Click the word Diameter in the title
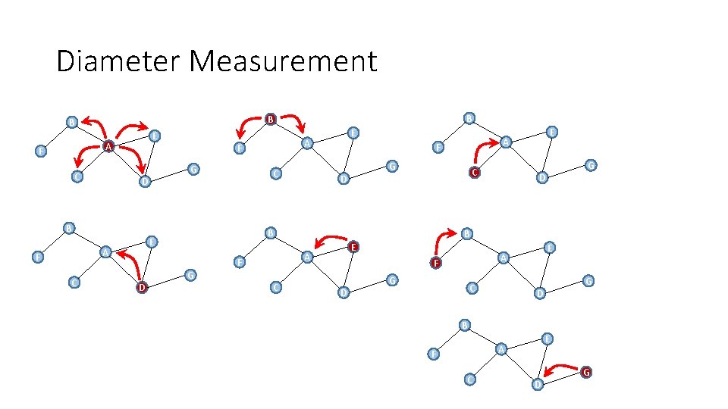120,61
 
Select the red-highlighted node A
108,146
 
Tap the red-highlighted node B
270,119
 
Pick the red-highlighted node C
474,173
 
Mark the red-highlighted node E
353,247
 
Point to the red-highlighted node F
435,264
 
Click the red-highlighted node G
586,372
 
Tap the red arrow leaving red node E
331,242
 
